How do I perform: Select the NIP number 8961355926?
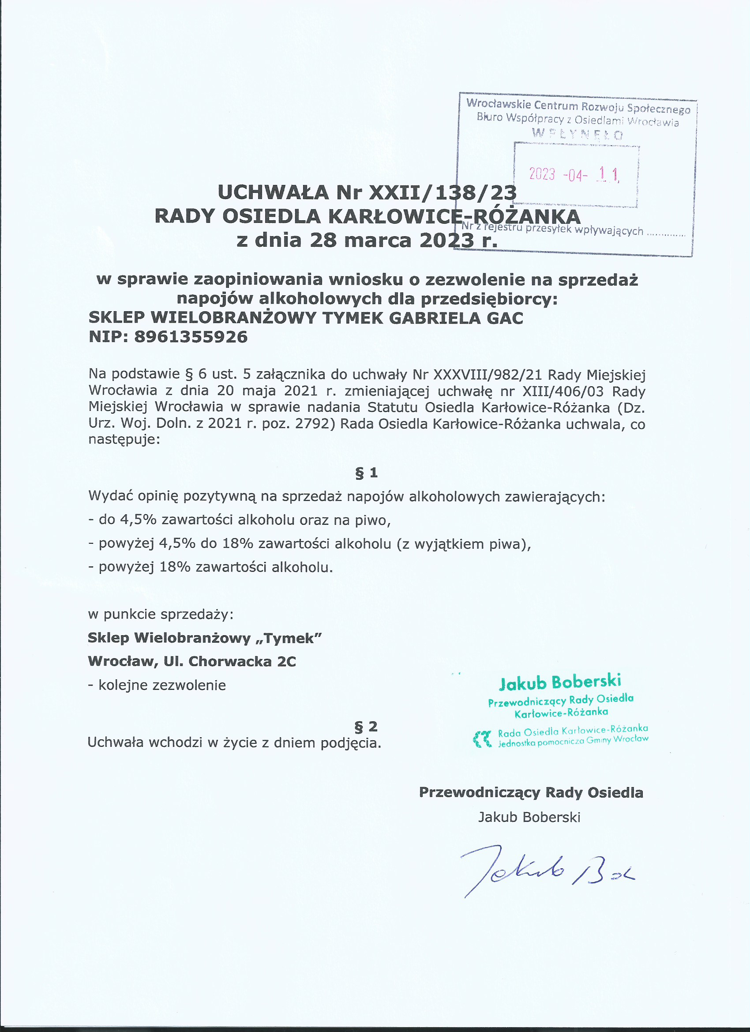[x=191, y=337]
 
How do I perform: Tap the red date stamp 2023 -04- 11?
[x=574, y=174]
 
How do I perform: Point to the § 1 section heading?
[x=366, y=473]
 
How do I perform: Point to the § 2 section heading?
[x=366, y=727]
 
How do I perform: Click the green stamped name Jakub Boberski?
[x=560, y=682]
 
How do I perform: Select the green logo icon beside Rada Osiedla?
[x=483, y=739]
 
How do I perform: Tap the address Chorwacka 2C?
[x=242, y=662]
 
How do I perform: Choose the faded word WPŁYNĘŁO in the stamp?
[x=577, y=134]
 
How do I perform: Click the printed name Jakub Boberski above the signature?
[x=529, y=817]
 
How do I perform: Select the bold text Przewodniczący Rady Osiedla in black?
[x=531, y=793]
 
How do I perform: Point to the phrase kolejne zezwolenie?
[x=162, y=685]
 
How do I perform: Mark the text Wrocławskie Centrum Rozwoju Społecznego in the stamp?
[x=578, y=106]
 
